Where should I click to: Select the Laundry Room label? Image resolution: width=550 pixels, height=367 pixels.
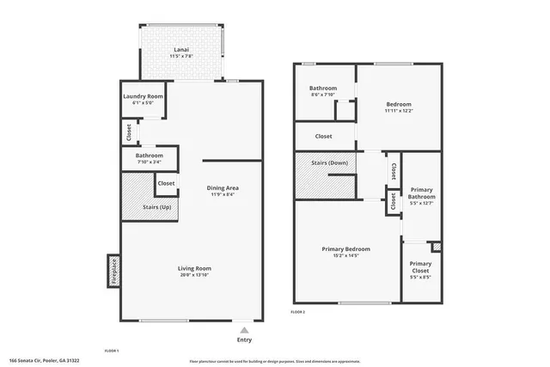(x=143, y=96)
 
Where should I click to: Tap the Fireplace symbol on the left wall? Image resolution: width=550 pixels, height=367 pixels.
(x=112, y=271)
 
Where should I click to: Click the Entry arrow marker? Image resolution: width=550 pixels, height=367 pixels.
(x=245, y=329)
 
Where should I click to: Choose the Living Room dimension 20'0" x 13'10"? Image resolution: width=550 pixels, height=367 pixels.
(x=194, y=275)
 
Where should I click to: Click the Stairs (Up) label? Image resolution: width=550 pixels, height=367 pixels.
(x=137, y=207)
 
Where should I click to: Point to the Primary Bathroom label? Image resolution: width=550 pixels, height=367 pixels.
(x=421, y=193)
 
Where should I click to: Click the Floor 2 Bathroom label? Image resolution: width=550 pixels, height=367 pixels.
(x=323, y=88)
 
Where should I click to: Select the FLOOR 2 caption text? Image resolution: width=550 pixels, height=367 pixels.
(x=297, y=311)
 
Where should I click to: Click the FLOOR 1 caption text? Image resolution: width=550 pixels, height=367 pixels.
(x=111, y=351)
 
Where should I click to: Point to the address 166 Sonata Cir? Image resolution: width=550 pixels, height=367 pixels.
(x=44, y=360)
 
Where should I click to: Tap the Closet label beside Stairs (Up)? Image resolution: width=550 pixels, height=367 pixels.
(x=166, y=183)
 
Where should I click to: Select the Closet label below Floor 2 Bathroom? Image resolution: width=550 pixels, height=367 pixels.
(x=323, y=136)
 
